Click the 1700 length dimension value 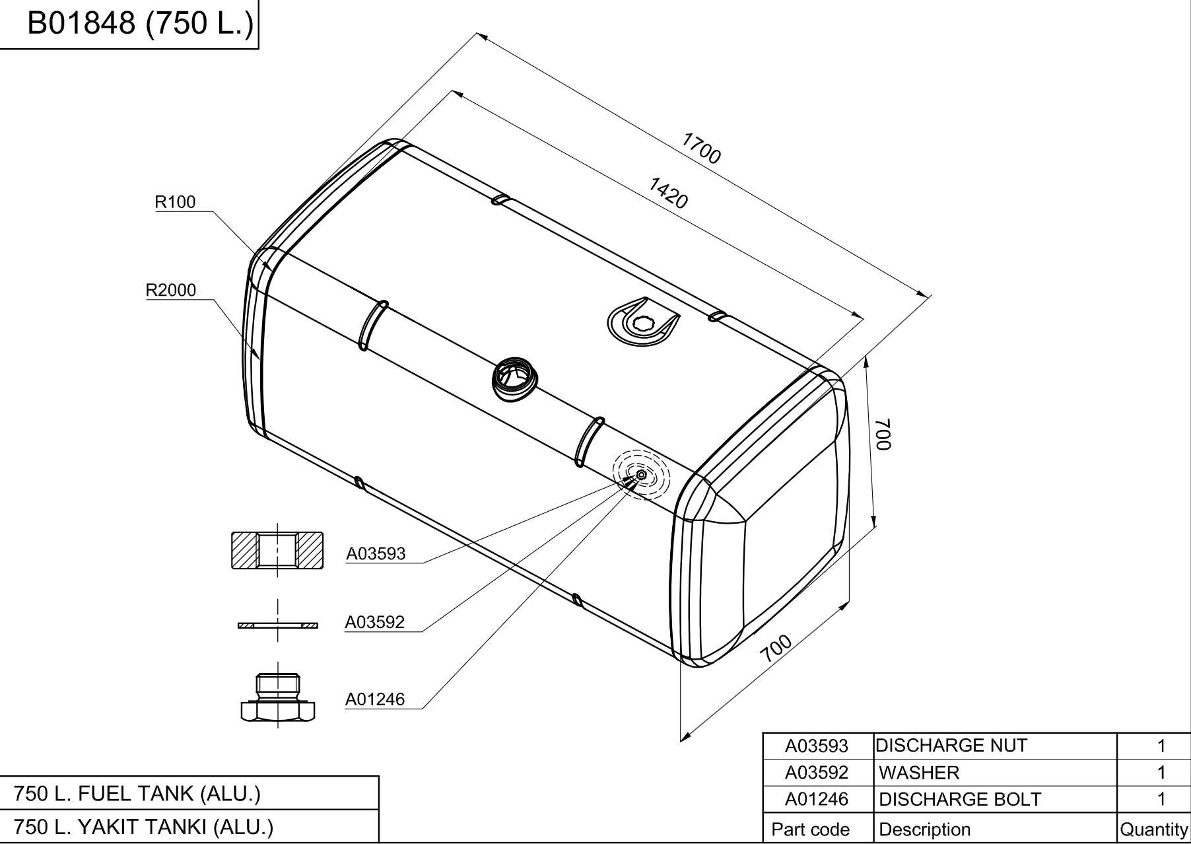[700, 148]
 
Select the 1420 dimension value [668, 193]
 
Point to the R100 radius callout [175, 202]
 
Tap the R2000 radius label [171, 290]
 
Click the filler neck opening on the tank [516, 380]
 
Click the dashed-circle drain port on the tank [641, 475]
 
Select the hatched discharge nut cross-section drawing [277, 550]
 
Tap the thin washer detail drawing [277, 625]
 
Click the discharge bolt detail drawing [277, 697]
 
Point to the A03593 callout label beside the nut [376, 553]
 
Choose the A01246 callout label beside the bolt [375, 699]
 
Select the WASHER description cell [919, 773]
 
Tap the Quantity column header [1154, 829]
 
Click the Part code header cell [811, 829]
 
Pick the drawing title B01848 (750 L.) [139, 24]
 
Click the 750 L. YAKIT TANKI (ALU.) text [143, 827]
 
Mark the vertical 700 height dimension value [884, 435]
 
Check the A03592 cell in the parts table [817, 773]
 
